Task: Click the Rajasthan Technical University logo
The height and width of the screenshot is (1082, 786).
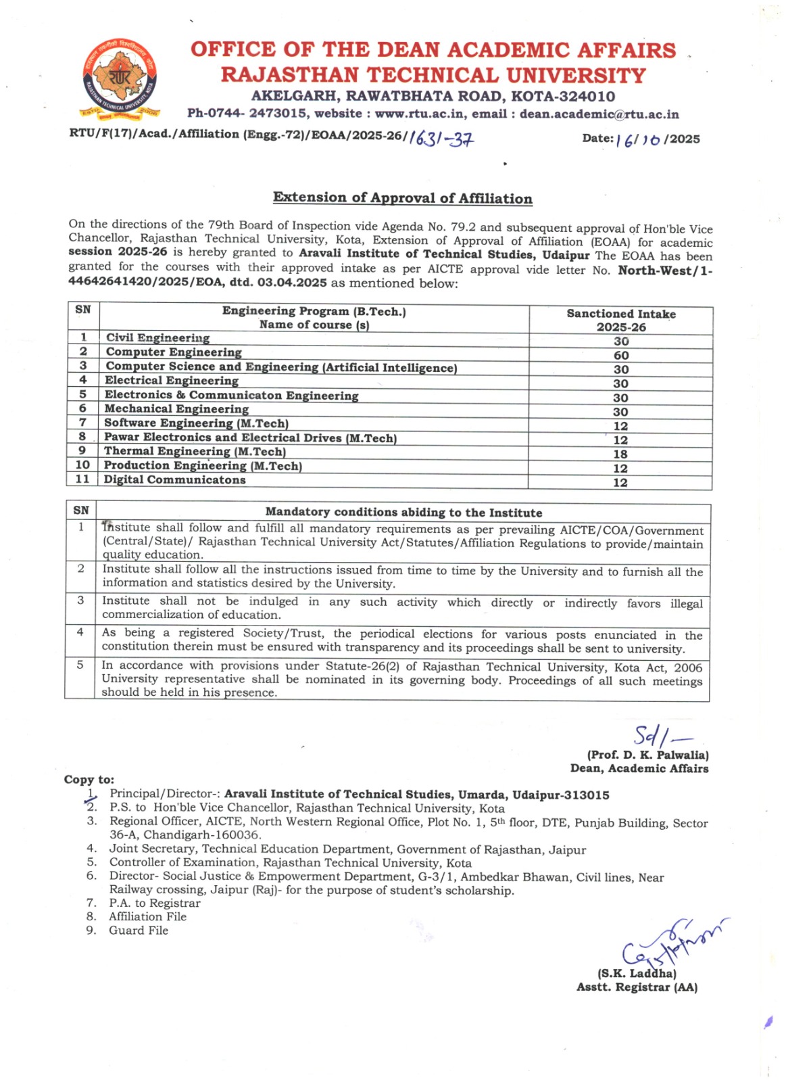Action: [120, 78]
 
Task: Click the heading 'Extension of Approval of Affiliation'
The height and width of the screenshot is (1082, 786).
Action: [402, 198]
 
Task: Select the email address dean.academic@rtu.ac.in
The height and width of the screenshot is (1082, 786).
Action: [599, 114]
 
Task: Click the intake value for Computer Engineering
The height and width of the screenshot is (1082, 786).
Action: [620, 356]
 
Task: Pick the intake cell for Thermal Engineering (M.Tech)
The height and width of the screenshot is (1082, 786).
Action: [620, 454]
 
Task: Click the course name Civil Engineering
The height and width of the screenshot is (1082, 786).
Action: [157, 337]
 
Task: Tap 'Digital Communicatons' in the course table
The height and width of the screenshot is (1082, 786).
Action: [174, 479]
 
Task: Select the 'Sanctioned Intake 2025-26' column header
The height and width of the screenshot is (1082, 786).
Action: [620, 321]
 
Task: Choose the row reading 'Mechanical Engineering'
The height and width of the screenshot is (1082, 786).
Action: [176, 408]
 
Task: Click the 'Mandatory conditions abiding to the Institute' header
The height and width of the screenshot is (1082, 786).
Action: [403, 513]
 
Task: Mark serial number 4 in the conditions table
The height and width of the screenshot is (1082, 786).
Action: [80, 632]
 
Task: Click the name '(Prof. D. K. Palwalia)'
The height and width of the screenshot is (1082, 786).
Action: [647, 755]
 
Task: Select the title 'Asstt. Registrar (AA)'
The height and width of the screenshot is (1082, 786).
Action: [637, 987]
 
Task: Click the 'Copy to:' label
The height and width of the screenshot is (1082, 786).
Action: [89, 780]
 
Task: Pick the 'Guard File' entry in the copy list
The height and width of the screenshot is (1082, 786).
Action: [139, 931]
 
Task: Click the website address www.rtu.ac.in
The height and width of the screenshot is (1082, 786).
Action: [419, 114]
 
